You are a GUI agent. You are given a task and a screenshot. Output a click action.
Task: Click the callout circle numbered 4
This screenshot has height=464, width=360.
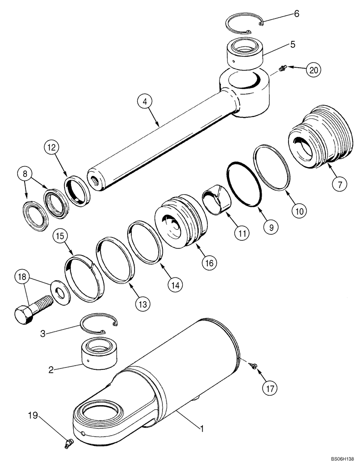click(x=146, y=101)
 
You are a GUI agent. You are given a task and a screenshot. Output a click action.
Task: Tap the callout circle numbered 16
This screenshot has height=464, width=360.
click(x=208, y=263)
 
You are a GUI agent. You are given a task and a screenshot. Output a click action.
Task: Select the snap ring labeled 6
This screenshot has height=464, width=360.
click(x=245, y=23)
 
